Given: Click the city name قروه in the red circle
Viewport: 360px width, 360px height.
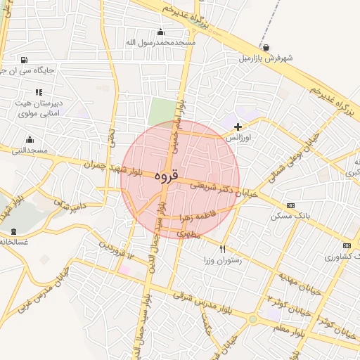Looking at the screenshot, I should [166, 176].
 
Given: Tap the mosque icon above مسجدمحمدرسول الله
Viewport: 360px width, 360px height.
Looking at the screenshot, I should [161, 31].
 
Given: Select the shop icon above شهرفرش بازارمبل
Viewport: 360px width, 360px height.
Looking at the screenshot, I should [264, 47].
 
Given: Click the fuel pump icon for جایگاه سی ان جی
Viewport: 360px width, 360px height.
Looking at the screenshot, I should [25, 60].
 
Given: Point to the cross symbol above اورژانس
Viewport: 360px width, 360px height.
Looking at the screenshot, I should [238, 127].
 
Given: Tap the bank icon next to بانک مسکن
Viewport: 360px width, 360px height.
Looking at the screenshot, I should [291, 205].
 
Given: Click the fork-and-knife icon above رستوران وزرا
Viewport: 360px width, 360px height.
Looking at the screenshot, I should [223, 249].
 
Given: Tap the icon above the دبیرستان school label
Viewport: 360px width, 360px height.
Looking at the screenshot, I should [39, 92].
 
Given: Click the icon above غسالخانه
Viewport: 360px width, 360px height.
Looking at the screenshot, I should [13, 231].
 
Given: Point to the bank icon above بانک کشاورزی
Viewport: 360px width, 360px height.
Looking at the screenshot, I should [346, 245].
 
